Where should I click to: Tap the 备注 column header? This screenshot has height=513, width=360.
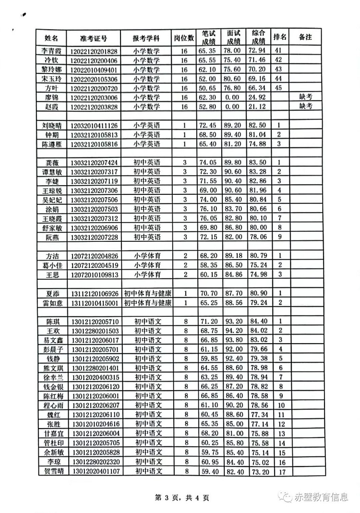(x=305, y=37)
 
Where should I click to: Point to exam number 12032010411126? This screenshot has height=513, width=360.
(x=94, y=125)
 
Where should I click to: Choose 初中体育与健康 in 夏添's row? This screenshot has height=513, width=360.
(x=148, y=293)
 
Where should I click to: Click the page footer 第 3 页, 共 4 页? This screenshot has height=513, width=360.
(x=180, y=498)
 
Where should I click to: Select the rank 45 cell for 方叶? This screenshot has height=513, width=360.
(x=279, y=88)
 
